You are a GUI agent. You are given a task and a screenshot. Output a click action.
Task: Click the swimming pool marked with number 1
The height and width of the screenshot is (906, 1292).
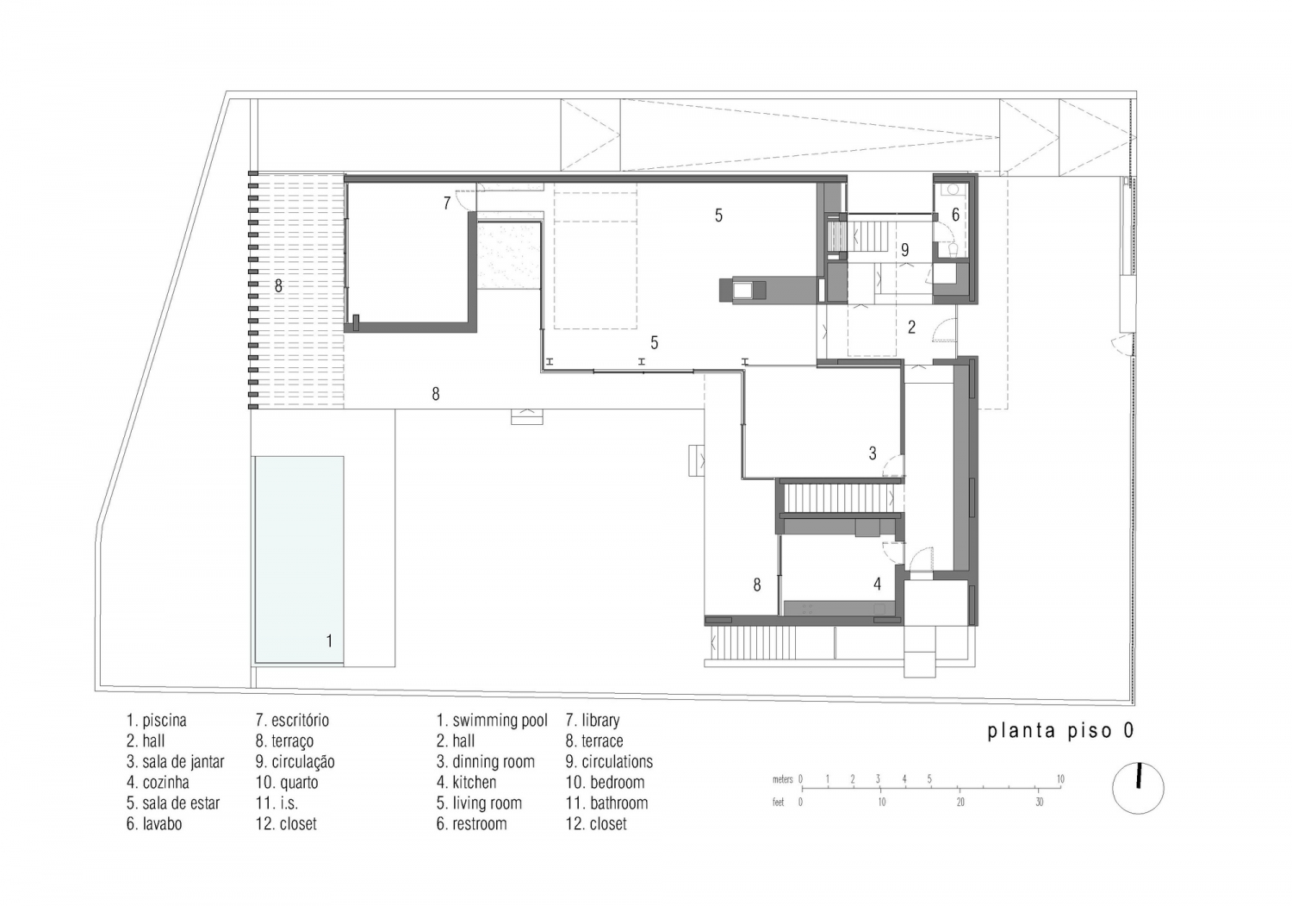pyautogui.click(x=298, y=560)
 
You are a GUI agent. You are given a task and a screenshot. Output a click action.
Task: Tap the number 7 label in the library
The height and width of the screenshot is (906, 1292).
pyautogui.click(x=447, y=204)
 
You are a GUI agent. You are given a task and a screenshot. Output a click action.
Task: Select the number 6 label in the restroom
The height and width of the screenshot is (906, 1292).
pyautogui.click(x=955, y=215)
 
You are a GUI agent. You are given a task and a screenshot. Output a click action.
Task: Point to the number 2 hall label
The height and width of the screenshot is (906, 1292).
pyautogui.click(x=911, y=328)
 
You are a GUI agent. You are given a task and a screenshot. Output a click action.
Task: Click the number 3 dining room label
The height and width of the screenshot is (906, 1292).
pyautogui.click(x=873, y=453)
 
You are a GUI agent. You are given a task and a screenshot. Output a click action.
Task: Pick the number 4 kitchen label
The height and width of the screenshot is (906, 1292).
pyautogui.click(x=877, y=584)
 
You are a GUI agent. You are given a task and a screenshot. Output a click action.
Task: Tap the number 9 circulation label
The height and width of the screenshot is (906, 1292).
pyautogui.click(x=904, y=251)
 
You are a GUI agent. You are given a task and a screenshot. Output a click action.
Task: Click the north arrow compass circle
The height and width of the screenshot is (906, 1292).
pyautogui.click(x=1138, y=787)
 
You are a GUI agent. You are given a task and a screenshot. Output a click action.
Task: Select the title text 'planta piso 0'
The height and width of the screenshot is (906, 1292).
pyautogui.click(x=1060, y=731)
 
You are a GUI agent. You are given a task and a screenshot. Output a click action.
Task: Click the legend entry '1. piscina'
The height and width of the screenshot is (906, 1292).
pyautogui.click(x=156, y=721)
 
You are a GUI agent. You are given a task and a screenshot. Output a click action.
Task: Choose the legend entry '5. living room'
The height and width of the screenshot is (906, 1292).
pyautogui.click(x=479, y=803)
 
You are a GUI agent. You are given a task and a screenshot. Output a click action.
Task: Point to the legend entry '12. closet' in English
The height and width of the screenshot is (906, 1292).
pyautogui.click(x=596, y=824)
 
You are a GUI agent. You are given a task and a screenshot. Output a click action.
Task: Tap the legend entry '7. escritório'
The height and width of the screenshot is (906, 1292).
pyautogui.click(x=292, y=721)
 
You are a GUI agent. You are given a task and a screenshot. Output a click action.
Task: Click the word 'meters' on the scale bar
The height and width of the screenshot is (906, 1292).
pyautogui.click(x=782, y=779)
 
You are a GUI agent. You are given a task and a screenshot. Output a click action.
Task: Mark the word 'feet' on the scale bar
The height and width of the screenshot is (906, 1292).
pyautogui.click(x=779, y=802)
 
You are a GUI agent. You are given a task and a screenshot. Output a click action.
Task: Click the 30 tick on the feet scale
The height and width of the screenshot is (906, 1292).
pyautogui.click(x=1040, y=802)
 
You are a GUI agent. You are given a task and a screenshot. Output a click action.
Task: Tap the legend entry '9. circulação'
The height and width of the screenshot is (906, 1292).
pyautogui.click(x=295, y=762)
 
